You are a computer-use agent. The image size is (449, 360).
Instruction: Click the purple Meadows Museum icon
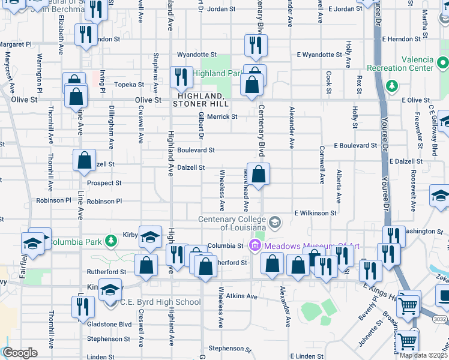coord(253,245)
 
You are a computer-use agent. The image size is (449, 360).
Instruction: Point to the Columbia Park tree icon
coord(110,242)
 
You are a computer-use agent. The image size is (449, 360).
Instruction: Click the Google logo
coord(20,353)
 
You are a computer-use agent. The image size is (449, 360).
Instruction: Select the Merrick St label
coord(222,116)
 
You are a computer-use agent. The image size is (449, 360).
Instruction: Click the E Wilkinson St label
coord(315,213)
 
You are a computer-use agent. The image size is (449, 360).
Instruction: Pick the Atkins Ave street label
coord(242,296)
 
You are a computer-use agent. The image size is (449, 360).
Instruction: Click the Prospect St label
coord(104,183)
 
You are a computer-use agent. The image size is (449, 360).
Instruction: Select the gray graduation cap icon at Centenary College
coord(275,223)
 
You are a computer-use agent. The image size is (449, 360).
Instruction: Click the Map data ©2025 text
coord(422,355)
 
